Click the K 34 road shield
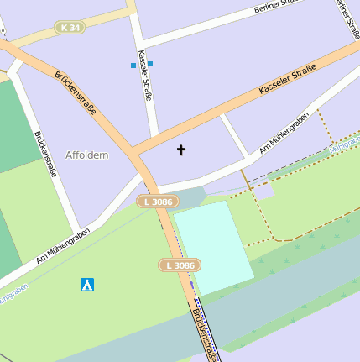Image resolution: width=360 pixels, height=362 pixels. [70, 28]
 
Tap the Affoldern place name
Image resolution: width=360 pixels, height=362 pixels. [87, 155]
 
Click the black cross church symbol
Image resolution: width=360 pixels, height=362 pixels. [180, 150]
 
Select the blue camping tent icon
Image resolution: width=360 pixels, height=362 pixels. [86, 285]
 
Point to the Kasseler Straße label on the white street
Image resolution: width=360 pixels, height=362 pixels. [145, 76]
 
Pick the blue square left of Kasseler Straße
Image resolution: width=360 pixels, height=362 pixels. [133, 65]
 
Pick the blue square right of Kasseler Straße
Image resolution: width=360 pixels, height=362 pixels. [150, 64]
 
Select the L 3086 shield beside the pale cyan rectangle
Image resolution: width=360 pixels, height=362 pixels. [179, 265]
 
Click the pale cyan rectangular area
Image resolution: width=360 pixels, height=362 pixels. [213, 247]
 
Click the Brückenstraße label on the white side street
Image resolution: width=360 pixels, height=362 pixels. [45, 154]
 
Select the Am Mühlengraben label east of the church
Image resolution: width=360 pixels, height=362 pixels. [284, 132]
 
